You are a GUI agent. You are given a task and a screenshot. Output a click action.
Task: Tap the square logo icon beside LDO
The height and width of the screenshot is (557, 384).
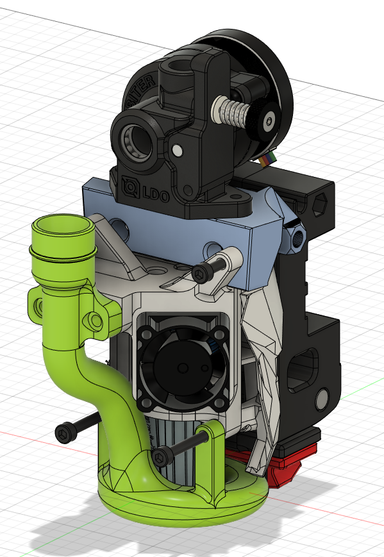point(129,186)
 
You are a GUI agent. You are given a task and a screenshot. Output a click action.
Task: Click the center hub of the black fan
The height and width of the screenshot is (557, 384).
point(181,368)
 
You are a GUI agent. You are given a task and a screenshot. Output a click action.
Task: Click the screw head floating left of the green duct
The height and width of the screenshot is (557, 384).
point(65,433)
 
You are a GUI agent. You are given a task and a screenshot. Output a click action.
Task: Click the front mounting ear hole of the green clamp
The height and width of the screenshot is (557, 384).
point(96,319)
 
